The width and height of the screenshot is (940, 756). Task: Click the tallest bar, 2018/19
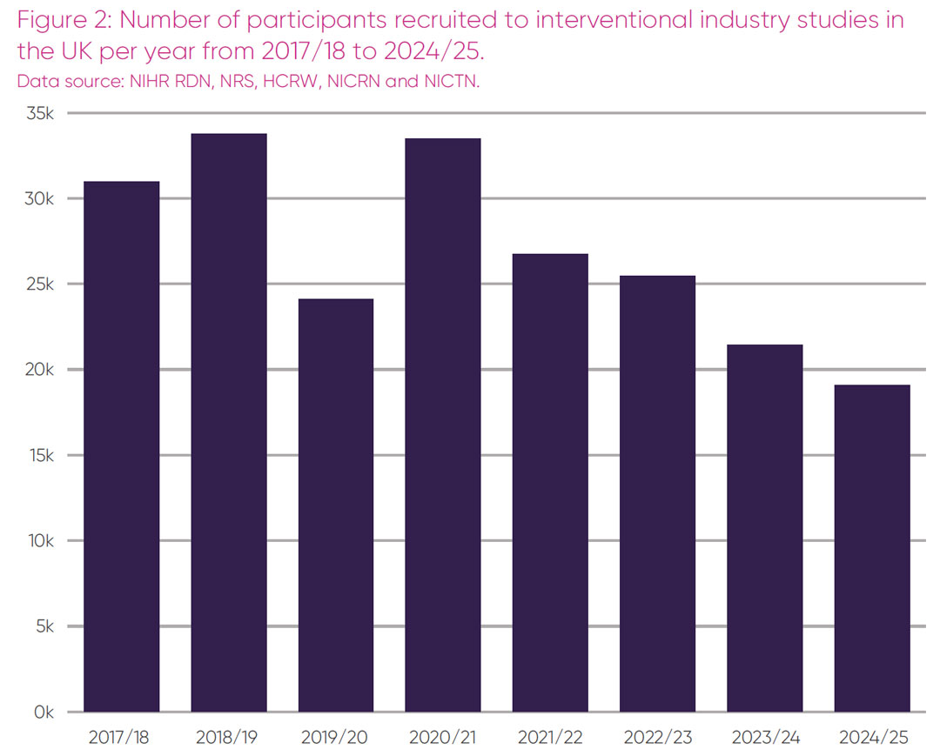point(228,423)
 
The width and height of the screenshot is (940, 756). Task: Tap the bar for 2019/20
point(335,505)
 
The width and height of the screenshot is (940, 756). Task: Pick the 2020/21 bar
point(443,425)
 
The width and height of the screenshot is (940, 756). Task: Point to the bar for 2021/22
point(550,483)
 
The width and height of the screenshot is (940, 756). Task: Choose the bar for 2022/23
point(657,494)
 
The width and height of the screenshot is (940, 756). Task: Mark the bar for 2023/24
point(764,528)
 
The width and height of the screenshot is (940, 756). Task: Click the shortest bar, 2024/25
point(872,548)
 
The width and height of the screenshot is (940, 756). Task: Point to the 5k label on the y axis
point(44,627)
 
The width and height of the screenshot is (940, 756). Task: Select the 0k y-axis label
point(44,713)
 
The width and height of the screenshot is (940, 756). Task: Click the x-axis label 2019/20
point(335,738)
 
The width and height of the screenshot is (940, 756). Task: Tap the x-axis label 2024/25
point(872,738)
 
